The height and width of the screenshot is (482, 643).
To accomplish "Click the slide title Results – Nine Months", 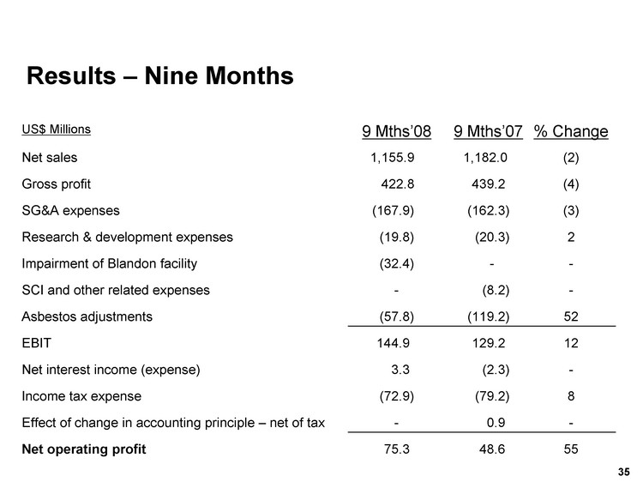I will tap(160, 76).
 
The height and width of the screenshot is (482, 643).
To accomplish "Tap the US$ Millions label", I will tap(57, 130).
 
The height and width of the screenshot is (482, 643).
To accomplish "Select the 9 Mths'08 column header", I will tap(396, 131).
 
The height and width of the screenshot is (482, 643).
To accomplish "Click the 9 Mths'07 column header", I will tap(488, 131).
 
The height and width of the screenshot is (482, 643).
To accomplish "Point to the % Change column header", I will tap(571, 131).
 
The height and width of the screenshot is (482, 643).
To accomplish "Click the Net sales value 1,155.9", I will tap(393, 158).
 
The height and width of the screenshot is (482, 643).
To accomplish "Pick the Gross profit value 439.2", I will tap(491, 184).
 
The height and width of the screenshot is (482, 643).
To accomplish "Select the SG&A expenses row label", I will tap(70, 210).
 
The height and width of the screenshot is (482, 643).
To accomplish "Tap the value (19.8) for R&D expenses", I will tap(397, 237).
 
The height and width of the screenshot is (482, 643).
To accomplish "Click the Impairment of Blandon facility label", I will tap(114, 263).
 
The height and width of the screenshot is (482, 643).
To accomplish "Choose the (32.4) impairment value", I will tap(397, 263).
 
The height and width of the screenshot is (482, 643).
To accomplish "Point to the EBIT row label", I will tap(36, 343).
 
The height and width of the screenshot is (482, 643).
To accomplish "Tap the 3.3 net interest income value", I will tap(400, 370).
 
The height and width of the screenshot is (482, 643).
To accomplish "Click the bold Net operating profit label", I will tap(84, 449).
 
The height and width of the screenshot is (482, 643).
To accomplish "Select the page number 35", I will tap(623, 470).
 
